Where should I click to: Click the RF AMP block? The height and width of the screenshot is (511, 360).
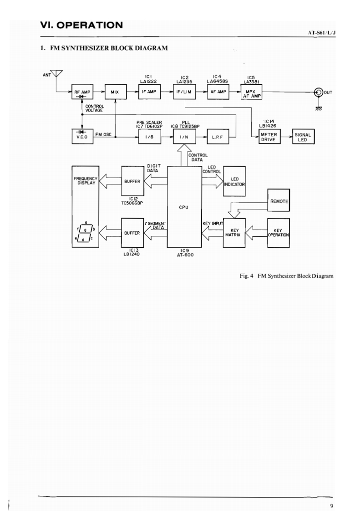point(82,92)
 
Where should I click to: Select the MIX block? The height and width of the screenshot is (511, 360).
point(115,92)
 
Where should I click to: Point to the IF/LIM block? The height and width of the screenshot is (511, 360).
point(185,92)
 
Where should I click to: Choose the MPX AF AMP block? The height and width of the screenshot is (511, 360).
point(251,92)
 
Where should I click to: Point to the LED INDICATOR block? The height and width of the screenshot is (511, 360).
point(234,182)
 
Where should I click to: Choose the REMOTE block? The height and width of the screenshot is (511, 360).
point(279,200)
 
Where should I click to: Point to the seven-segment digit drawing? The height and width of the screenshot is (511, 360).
point(85,232)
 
